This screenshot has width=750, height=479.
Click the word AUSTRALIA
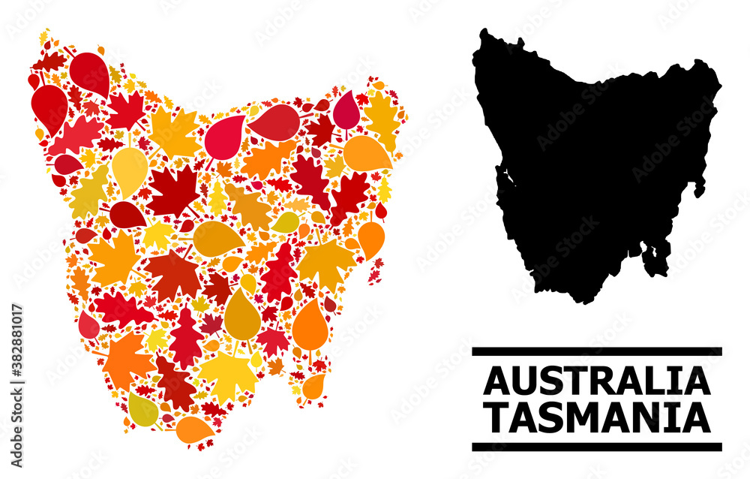click(x=596, y=381)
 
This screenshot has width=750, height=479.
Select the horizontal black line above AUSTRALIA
click(x=596, y=351)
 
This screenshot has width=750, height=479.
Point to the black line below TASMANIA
click(x=596, y=447)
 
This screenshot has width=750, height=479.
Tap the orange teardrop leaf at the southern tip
click(x=193, y=429)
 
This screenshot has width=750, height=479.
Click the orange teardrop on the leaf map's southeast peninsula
click(x=313, y=385)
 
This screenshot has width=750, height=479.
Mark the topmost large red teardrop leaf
click(x=90, y=72)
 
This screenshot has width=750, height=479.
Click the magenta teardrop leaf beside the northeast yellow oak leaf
click(x=346, y=110)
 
